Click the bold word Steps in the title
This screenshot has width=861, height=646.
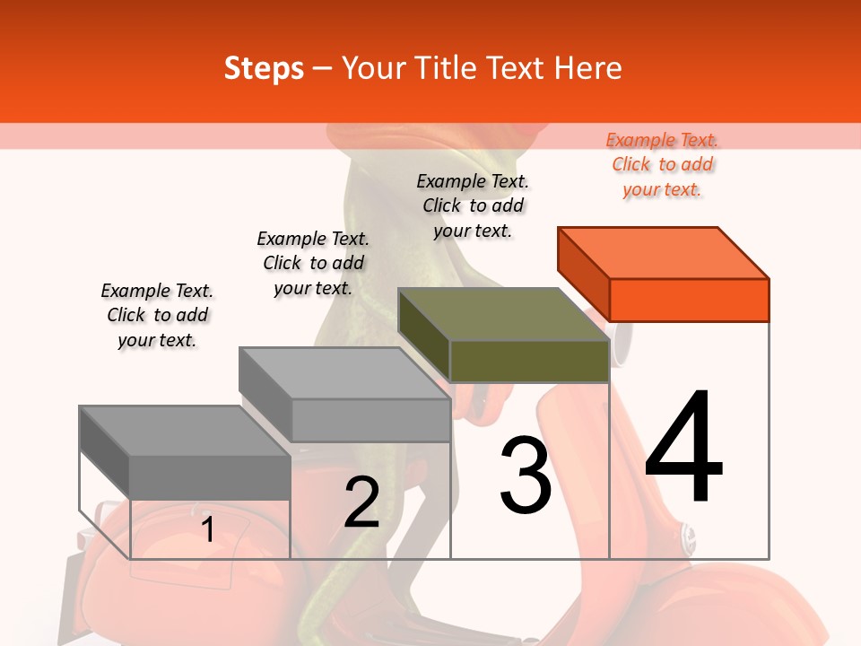coord(264,69)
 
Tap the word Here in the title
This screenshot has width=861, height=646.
coord(587,68)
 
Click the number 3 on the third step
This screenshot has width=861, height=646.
coord(526,474)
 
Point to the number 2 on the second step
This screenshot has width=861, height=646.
coord(361,501)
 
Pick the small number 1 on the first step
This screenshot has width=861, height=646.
coord(207,528)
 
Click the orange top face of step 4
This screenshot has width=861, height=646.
coord(664,253)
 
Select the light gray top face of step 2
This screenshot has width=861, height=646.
coord(344,373)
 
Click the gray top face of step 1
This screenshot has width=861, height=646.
coord(185,432)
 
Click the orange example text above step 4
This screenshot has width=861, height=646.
coord(662,165)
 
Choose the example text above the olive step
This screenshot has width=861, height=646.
coord(473,206)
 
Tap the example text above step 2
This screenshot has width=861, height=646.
coord(313,263)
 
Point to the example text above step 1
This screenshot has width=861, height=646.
coord(157,315)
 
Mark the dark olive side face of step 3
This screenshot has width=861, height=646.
coord(424,335)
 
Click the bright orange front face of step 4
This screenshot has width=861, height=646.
coord(689,300)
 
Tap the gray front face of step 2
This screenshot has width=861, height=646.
coord(370,420)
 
